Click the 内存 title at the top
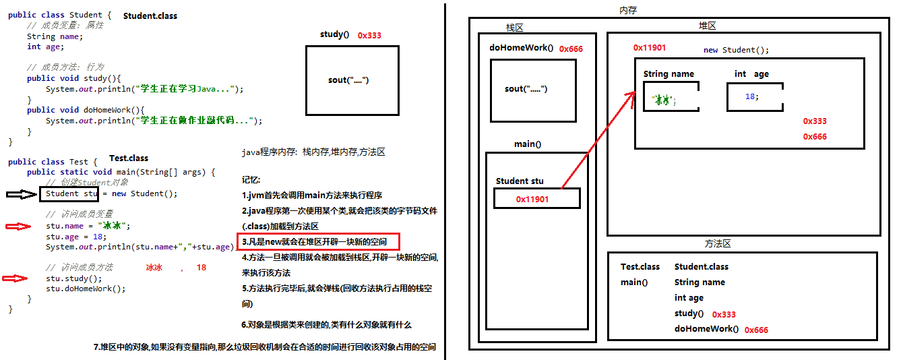pos(628,10)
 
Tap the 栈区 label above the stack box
pos(515,28)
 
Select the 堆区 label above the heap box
pos(707,26)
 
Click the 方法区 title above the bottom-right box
pos(718,244)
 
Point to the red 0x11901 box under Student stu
pos(536,198)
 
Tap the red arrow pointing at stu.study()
pos(15,278)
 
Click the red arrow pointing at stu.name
pos(18,227)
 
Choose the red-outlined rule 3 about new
pos(318,241)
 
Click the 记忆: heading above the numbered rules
pos(251,180)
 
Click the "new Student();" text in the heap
pos(736,50)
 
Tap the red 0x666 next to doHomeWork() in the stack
pos(571,49)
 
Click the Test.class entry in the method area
pos(640,267)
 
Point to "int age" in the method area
pos(689,297)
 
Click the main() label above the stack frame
pos(528,144)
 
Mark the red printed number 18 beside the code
pos(201,268)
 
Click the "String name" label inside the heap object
pos(669,74)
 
